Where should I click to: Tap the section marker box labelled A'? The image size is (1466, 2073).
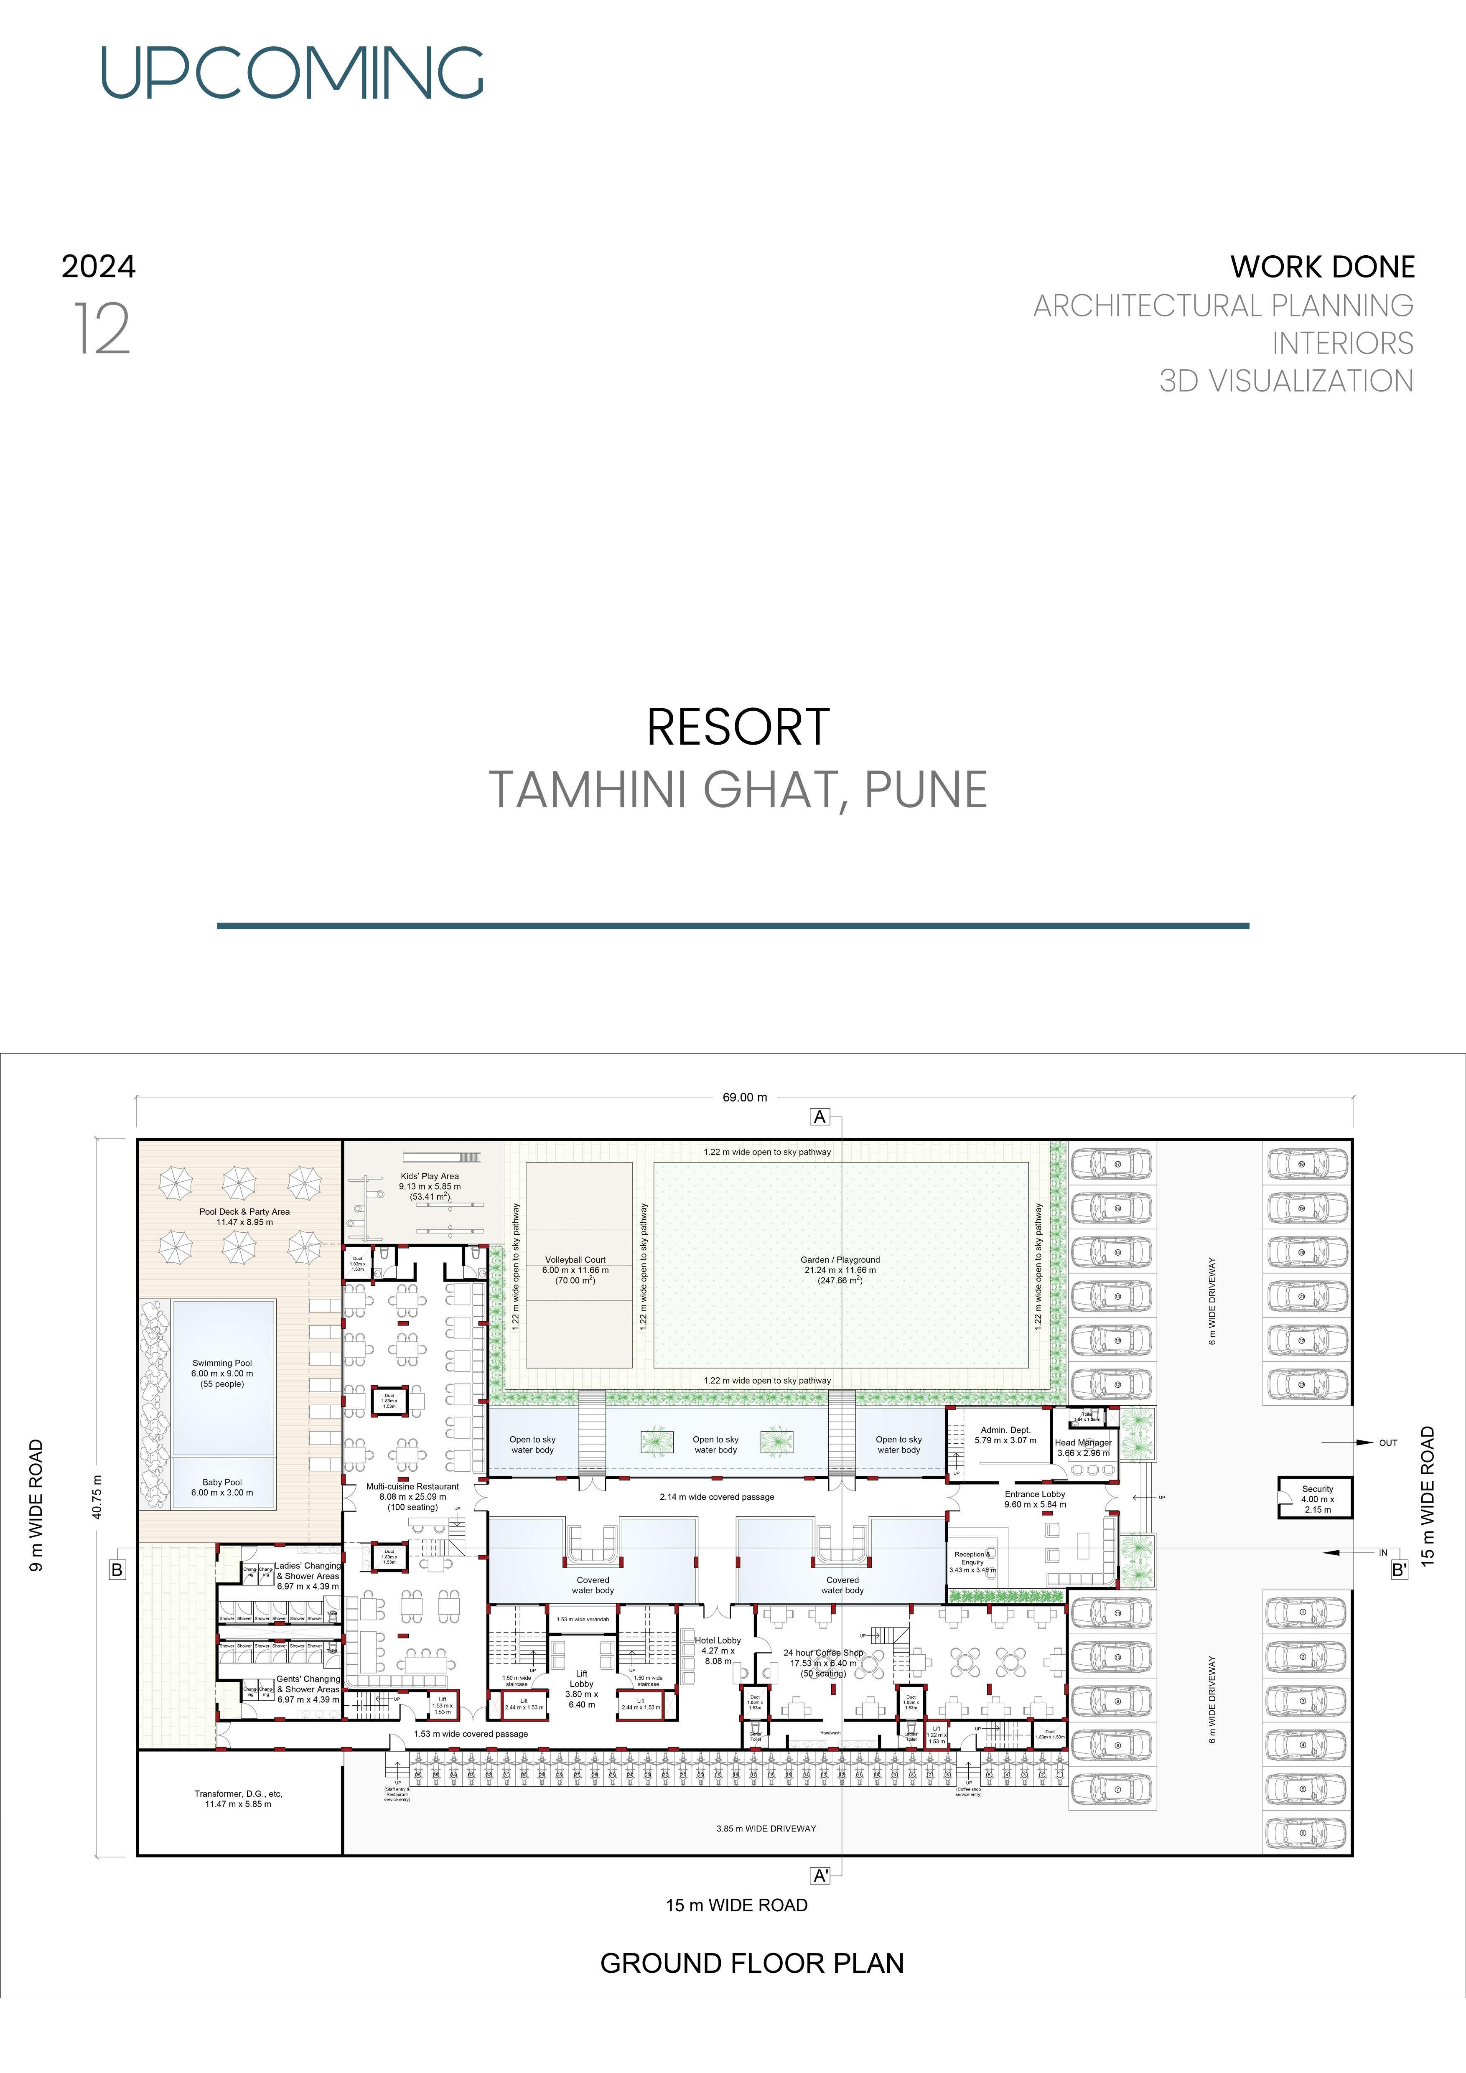[820, 1875]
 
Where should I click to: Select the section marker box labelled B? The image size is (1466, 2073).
[117, 1570]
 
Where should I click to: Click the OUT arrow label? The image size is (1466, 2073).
[1387, 1443]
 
